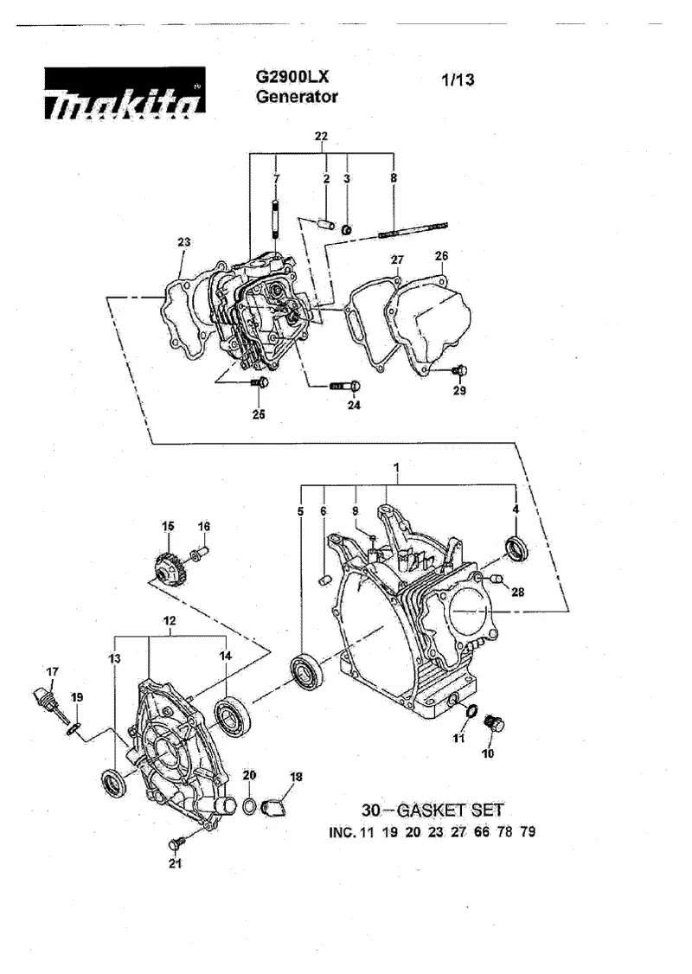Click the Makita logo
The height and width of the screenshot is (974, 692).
coord(125,93)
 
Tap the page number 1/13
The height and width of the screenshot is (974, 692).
coord(458,80)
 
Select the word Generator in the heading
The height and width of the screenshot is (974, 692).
coord(297,97)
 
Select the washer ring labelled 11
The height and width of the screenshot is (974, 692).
coord(471,711)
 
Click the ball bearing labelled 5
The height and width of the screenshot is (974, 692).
coord(307,671)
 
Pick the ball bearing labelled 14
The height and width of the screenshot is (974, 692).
coord(233,715)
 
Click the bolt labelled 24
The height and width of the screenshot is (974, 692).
coord(345,387)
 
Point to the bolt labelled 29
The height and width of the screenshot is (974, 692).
coord(459,371)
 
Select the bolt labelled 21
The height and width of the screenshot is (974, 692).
coord(176,843)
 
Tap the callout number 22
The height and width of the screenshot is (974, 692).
coord(321,136)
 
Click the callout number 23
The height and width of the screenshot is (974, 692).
coord(184,241)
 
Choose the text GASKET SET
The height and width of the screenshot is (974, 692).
coord(450,810)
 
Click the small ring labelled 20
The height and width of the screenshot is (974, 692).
coord(248,807)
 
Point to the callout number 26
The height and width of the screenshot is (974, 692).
coord(442,256)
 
